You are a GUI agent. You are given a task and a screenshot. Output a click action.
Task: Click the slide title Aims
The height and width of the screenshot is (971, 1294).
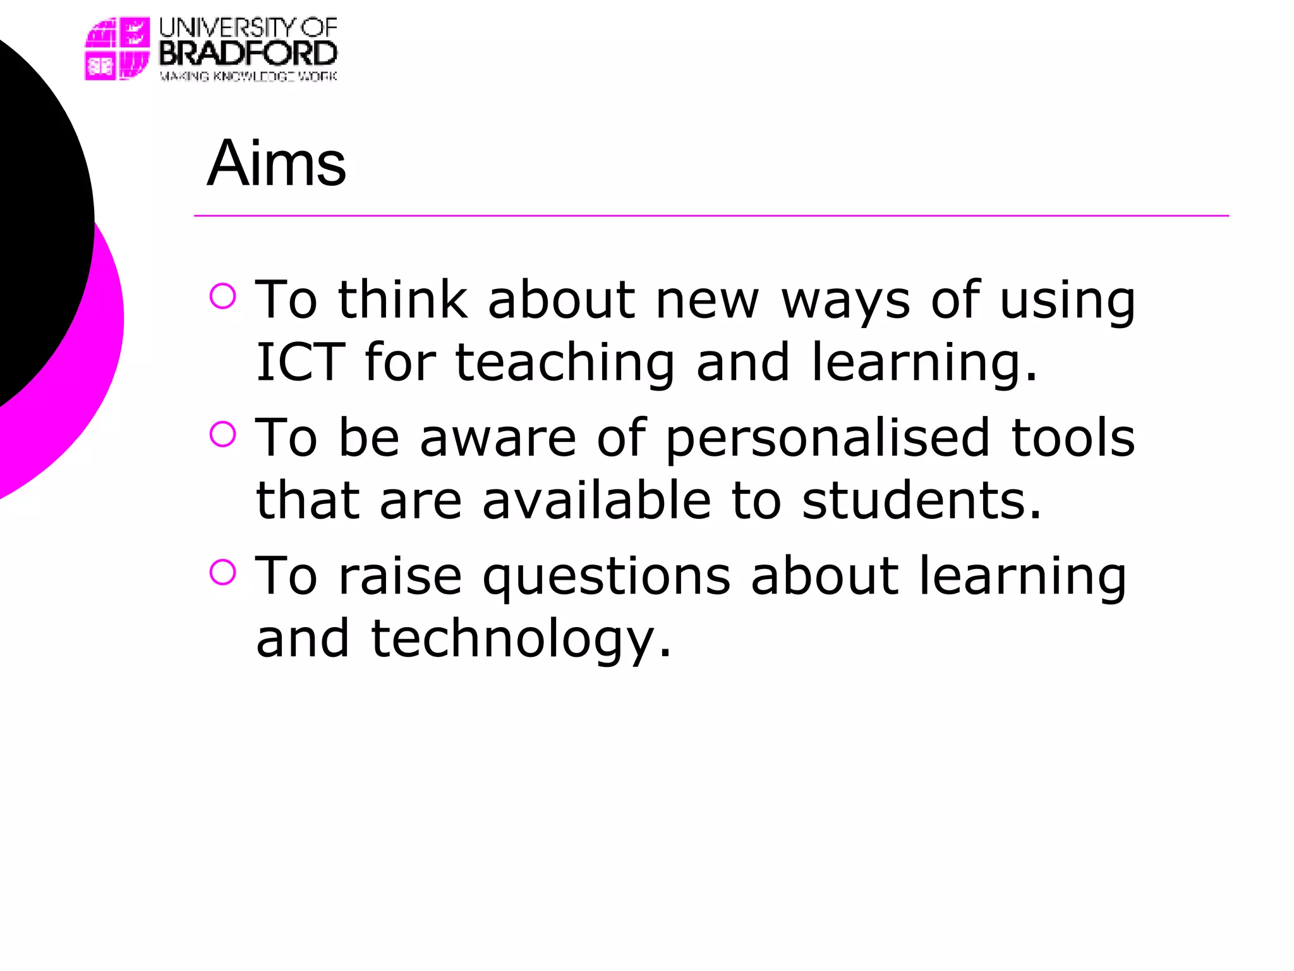pos(276,164)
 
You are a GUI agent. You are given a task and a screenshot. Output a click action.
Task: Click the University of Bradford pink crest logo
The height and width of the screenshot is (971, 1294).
pos(118,49)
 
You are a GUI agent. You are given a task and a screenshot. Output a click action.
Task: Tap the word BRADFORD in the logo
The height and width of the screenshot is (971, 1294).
pos(248,53)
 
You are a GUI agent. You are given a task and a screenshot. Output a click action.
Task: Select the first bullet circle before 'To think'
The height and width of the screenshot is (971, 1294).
pos(222,296)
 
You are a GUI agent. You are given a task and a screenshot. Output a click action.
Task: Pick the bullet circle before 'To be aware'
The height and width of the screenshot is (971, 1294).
pos(222,434)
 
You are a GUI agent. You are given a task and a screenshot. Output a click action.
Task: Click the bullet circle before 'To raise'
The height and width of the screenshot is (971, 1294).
pos(222,572)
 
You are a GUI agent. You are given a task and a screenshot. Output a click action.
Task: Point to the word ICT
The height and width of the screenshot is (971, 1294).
pos(300,362)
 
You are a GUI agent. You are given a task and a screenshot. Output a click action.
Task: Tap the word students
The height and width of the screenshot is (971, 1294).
pos(921,501)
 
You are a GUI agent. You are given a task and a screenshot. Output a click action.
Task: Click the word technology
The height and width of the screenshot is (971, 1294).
pos(520,640)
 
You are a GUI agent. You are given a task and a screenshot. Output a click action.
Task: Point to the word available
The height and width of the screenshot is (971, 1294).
pos(596,501)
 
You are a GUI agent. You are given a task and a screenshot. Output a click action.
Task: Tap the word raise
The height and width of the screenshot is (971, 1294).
pos(400,577)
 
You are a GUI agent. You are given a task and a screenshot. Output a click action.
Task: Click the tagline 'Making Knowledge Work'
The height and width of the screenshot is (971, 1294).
pos(248,76)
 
